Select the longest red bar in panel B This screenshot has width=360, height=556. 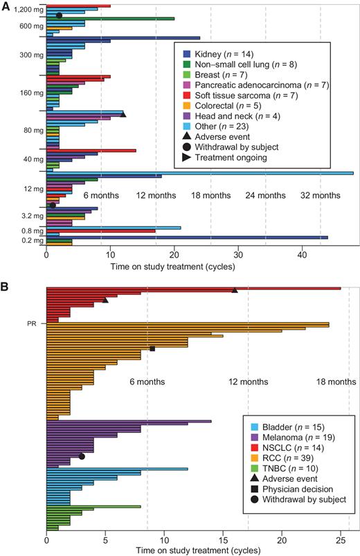(193, 288)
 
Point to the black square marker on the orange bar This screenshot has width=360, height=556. (152, 349)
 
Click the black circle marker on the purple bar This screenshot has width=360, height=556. (82, 456)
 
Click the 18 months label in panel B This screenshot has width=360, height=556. (332, 382)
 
